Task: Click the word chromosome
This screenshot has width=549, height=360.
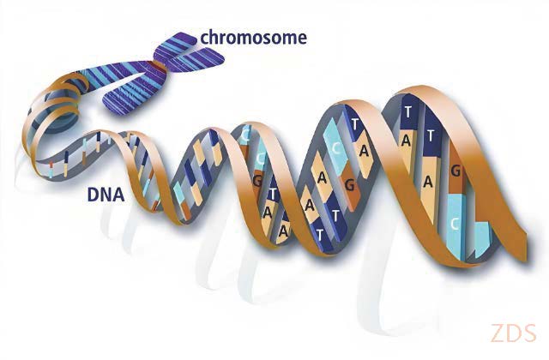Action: [254, 38]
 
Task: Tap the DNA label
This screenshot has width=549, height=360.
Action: [106, 195]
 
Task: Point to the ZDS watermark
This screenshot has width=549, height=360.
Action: [514, 333]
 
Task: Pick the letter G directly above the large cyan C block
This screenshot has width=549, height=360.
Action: [455, 171]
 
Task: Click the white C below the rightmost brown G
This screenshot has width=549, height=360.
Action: [455, 224]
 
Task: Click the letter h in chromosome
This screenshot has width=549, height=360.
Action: [214, 37]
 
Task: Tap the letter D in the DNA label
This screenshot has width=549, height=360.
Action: [92, 195]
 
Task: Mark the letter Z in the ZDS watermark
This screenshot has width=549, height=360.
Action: [498, 333]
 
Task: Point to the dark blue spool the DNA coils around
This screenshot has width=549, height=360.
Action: [59, 111]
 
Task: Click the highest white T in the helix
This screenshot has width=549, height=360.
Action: [407, 112]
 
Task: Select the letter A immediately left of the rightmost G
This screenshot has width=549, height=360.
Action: [428, 183]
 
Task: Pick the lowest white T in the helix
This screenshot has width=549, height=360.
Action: [319, 233]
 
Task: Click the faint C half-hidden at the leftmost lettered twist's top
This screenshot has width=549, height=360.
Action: [245, 135]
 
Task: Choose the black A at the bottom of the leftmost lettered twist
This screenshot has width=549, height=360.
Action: [283, 231]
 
